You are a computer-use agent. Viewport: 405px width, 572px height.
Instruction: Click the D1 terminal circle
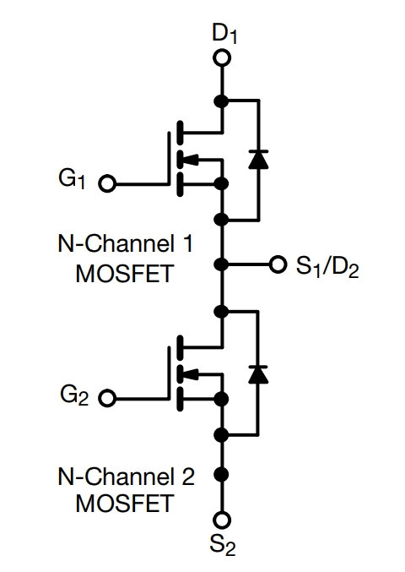point(221,58)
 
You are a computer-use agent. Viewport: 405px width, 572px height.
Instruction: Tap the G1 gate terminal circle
point(107,184)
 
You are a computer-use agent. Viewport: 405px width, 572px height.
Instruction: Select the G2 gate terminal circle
point(107,398)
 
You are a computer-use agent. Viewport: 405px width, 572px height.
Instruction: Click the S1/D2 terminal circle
point(278,264)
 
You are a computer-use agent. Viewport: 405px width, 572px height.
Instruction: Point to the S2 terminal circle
point(221,520)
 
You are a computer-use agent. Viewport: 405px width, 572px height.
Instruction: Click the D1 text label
point(224,34)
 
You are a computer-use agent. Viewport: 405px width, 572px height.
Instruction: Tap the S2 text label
point(223,545)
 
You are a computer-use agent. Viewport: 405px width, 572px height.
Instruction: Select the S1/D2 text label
point(327,266)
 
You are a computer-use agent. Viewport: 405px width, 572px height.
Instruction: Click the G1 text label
point(72,179)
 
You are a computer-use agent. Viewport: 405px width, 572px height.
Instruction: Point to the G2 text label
point(74,395)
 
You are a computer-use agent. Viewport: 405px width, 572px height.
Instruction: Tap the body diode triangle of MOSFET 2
point(258,374)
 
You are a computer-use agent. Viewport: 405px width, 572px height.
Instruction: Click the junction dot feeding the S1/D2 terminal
point(221,264)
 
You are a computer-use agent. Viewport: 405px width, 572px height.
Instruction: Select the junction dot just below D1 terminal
point(221,101)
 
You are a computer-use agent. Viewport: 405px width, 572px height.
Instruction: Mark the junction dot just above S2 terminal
point(221,474)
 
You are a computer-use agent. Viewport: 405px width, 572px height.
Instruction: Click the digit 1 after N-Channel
point(188,243)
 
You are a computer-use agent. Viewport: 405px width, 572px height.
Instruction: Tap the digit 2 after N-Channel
point(188,477)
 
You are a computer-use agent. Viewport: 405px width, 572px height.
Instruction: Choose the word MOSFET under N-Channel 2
point(124,504)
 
